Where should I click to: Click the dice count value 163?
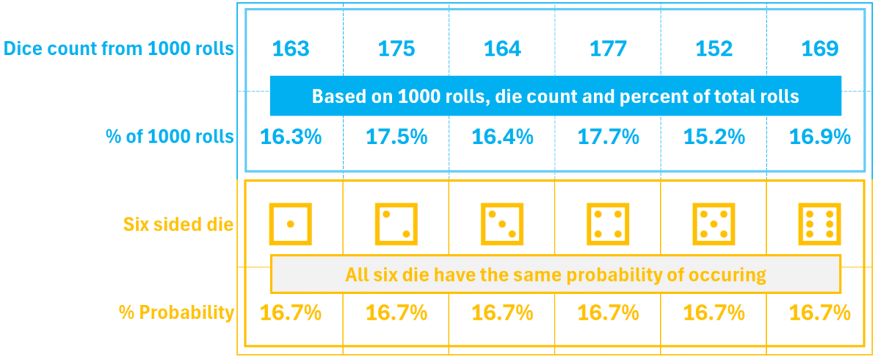click(x=290, y=49)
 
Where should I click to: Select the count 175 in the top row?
click(x=397, y=49)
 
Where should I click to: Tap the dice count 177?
click(x=608, y=49)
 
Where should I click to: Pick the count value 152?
click(x=714, y=49)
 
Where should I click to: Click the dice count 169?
click(x=819, y=49)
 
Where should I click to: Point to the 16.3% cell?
click(x=290, y=137)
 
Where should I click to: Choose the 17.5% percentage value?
click(x=397, y=137)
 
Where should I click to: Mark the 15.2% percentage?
click(x=714, y=137)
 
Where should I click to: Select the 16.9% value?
click(x=819, y=137)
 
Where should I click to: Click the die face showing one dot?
click(x=290, y=224)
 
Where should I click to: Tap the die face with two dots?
click(x=397, y=224)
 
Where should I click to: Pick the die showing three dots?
click(x=502, y=224)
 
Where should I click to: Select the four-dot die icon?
click(x=608, y=224)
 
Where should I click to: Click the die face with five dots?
click(x=714, y=224)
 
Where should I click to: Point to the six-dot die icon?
click(x=819, y=224)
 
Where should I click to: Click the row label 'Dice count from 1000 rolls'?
click(x=119, y=49)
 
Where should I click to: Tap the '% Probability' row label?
click(x=176, y=313)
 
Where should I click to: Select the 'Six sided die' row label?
click(x=179, y=225)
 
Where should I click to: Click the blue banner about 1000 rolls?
click(x=555, y=97)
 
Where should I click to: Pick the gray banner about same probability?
click(x=555, y=275)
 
